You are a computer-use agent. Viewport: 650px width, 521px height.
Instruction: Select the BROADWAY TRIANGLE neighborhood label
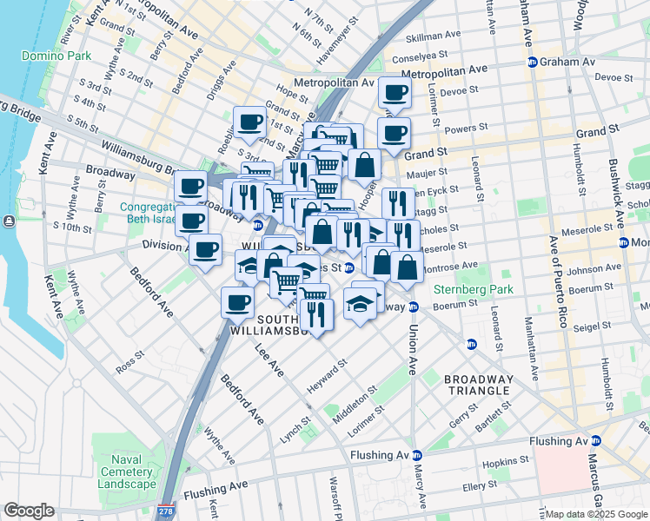477,385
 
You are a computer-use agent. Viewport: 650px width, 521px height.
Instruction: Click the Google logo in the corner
29,511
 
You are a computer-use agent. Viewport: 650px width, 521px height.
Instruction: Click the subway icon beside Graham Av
532,62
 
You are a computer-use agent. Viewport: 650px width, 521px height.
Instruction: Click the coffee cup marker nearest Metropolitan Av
394,92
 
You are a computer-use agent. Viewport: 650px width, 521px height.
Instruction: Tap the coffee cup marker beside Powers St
394,134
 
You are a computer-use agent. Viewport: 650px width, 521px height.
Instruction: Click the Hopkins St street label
507,461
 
